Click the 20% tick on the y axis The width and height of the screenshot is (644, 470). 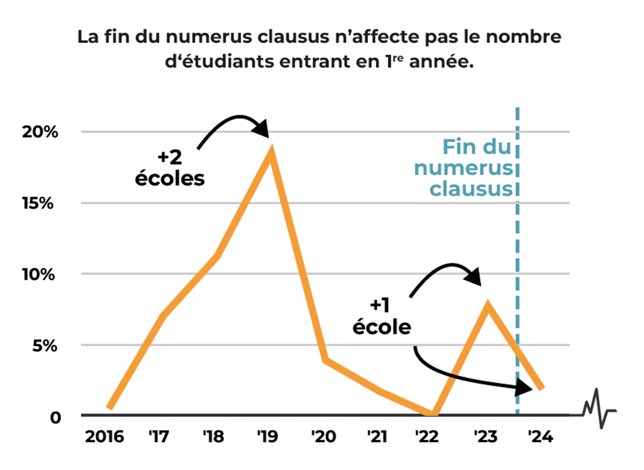coord(40,132)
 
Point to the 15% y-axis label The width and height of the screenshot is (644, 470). coord(38,203)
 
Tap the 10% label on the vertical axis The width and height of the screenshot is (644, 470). coord(38,274)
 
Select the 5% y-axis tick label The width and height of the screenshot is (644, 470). coord(45,345)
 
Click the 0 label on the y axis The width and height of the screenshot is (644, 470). coord(55,418)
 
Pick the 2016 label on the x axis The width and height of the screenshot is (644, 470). coord(104,436)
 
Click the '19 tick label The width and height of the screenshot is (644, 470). coord(268,436)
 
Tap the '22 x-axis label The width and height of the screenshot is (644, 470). coord(427,436)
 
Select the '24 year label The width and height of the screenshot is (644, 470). coord(540,436)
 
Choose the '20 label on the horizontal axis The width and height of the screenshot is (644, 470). coord(323,436)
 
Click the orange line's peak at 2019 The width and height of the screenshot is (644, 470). coord(272,151)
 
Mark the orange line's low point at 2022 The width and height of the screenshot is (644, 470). coord(432,413)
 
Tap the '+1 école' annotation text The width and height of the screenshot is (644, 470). coord(381,316)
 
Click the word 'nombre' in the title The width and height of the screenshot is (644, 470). coord(524,37)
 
